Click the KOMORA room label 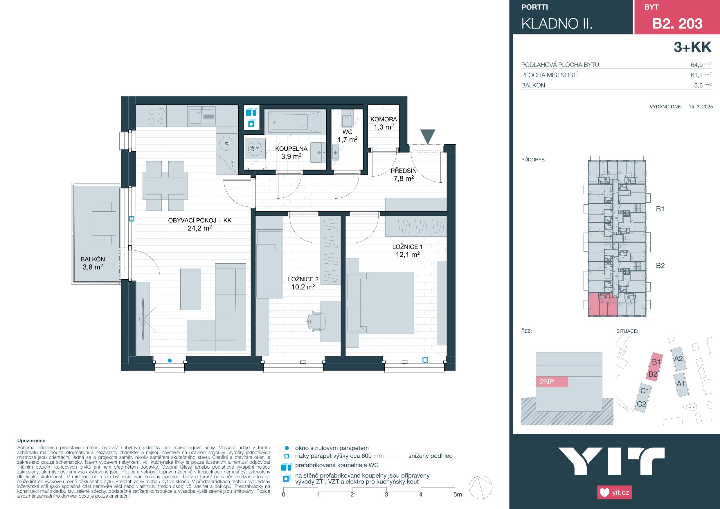[384, 119]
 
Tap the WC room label [348, 132]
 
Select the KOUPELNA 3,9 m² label [291, 152]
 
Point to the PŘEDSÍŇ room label [404, 171]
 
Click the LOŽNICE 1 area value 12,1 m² [408, 255]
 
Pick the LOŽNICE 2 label [303, 279]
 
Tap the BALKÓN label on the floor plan [93, 259]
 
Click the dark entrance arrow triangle [427, 137]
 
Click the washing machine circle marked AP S [255, 148]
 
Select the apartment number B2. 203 [677, 24]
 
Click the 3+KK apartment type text [693, 47]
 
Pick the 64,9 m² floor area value [701, 65]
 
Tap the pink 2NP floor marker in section [552, 382]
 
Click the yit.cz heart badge [615, 492]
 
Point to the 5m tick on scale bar [455, 489]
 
